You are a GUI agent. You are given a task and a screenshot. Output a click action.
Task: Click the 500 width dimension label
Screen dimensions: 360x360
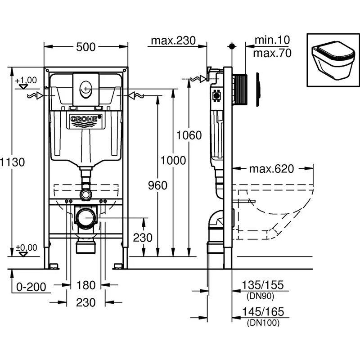pyautogui.click(x=85, y=46)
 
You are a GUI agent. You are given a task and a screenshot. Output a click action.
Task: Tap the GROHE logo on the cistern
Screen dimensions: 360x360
pyautogui.click(x=85, y=119)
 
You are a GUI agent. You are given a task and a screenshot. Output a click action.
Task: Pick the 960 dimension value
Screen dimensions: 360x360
pyautogui.click(x=157, y=185)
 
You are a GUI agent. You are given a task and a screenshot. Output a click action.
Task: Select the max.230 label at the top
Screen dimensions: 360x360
pyautogui.click(x=173, y=40)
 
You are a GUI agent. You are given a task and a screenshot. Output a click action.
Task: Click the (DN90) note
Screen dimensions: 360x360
pyautogui.click(x=261, y=296)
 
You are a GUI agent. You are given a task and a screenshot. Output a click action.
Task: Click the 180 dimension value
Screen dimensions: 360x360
pyautogui.click(x=86, y=285)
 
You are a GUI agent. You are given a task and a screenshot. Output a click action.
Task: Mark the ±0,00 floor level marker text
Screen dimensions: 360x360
pyautogui.click(x=26, y=247)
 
